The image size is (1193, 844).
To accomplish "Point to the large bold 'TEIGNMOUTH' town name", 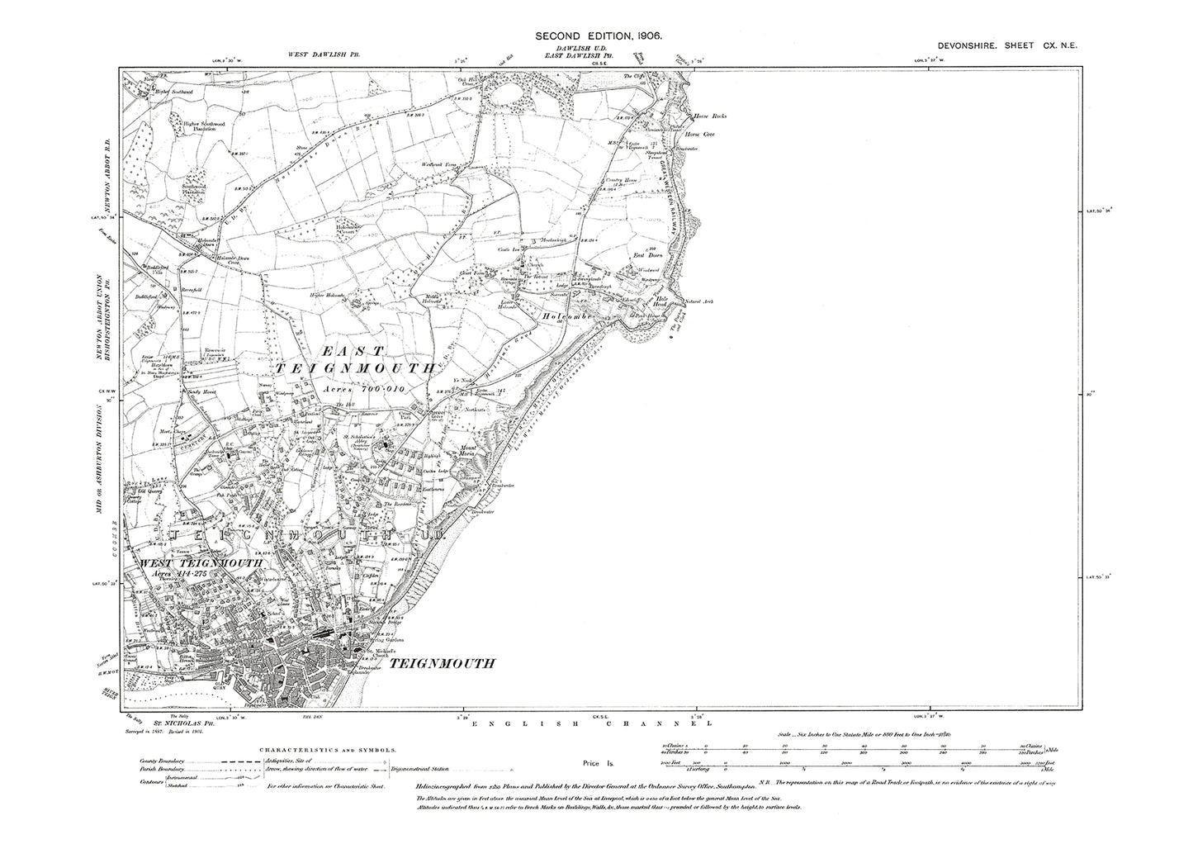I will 442,662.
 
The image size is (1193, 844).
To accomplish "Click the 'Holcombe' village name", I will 569,315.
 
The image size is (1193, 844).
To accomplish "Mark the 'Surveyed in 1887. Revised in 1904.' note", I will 157,737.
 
